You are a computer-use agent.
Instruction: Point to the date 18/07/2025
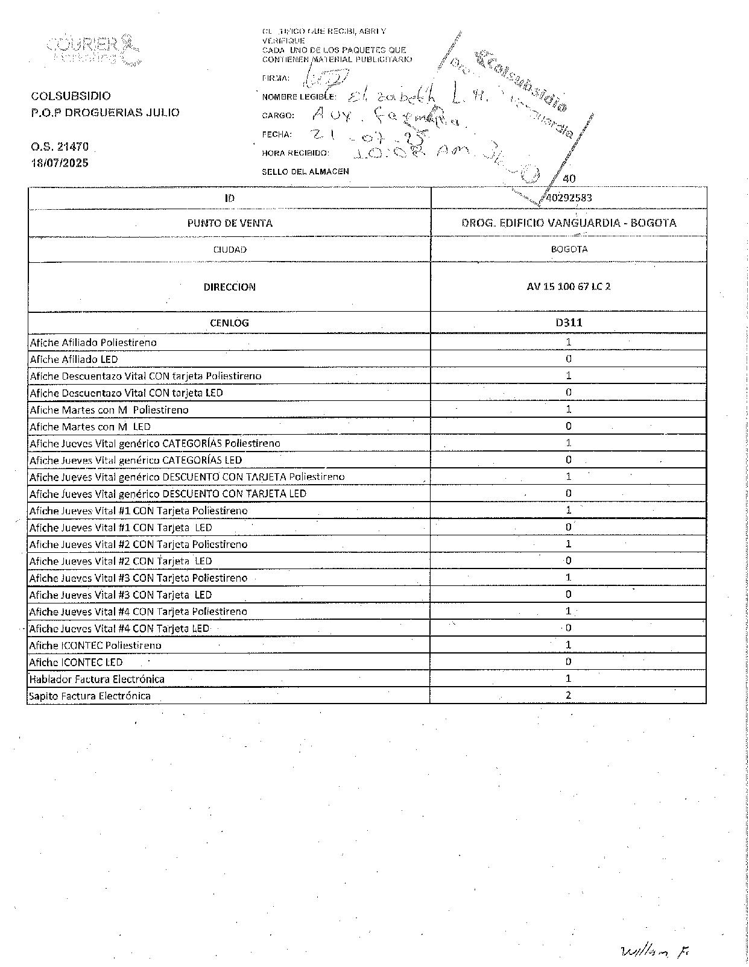tap(60, 163)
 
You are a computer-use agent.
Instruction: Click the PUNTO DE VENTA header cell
tap(229, 223)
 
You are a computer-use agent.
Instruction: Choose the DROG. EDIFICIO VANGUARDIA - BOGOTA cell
tap(569, 223)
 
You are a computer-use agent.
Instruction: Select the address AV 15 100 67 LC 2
tap(569, 286)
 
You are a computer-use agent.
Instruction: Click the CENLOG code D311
tap(569, 322)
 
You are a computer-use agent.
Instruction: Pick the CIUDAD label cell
tap(229, 249)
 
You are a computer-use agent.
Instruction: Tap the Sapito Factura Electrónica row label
tap(90, 696)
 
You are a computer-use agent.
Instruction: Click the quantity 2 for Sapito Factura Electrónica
tap(568, 695)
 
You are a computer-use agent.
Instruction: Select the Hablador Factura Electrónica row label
tap(97, 679)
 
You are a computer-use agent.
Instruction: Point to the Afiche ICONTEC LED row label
tap(76, 662)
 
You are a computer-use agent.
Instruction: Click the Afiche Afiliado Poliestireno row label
tap(93, 342)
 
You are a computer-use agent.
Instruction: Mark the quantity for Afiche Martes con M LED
tap(568, 426)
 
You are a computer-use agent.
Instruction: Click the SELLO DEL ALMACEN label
tap(305, 172)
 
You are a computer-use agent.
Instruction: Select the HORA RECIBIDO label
tap(295, 153)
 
